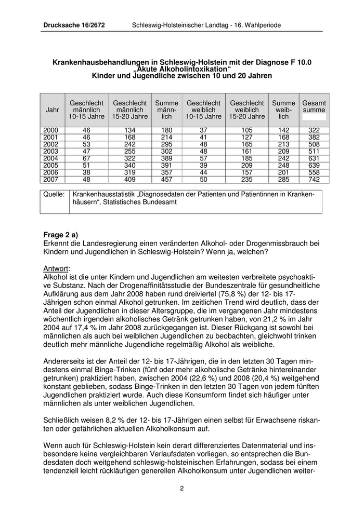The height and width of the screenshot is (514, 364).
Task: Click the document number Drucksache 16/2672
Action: click(x=74, y=25)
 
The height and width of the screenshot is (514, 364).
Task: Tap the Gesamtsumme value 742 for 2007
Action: click(x=314, y=180)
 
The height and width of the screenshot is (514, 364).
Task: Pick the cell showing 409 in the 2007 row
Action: click(x=129, y=180)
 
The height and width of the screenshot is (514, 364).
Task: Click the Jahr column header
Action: click(x=52, y=110)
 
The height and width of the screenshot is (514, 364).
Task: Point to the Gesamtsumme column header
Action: click(x=314, y=106)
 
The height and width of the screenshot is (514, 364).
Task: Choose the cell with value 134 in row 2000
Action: click(x=129, y=129)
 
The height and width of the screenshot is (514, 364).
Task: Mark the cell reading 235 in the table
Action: click(x=246, y=180)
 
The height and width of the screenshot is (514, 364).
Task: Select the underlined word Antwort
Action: click(x=57, y=268)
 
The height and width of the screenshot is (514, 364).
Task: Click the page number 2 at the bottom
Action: click(x=182, y=488)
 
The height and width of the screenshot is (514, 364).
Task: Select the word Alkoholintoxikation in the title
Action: click(x=182, y=69)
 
